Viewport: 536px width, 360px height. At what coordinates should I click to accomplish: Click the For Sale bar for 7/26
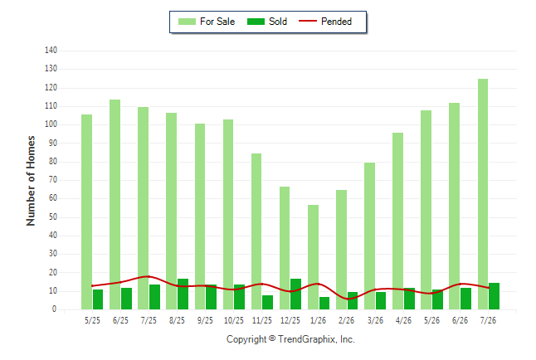pos(483,194)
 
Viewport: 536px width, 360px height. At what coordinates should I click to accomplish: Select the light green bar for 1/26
pos(313,257)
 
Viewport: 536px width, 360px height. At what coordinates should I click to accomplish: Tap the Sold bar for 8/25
pos(183,294)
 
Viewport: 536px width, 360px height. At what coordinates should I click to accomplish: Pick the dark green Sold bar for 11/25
pos(268,302)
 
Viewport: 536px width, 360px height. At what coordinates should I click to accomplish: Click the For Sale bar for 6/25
pos(115,204)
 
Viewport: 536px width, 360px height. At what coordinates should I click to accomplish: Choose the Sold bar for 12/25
pos(295,294)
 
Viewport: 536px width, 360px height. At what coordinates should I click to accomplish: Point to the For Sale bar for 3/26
pos(369,236)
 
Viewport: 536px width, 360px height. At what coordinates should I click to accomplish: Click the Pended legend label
pos(336,22)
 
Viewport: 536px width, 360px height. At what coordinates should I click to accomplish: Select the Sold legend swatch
pos(256,22)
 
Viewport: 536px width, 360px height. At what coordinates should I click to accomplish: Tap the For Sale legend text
pos(217,22)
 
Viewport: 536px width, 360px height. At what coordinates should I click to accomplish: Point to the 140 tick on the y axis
pos(51,51)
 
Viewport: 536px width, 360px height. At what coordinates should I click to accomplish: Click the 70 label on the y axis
pos(53,180)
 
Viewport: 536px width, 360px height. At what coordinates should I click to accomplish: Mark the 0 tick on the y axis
pos(55,309)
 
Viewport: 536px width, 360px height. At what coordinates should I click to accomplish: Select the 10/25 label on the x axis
pos(234,320)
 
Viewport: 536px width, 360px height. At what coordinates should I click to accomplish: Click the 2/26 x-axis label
pos(346,320)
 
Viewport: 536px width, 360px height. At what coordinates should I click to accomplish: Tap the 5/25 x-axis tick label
pos(92,320)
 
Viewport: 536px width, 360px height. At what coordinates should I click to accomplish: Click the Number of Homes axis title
pos(31,181)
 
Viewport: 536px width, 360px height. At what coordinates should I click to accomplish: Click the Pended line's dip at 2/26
pos(348,299)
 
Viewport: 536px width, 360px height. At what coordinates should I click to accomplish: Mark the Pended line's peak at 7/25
pos(149,276)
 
